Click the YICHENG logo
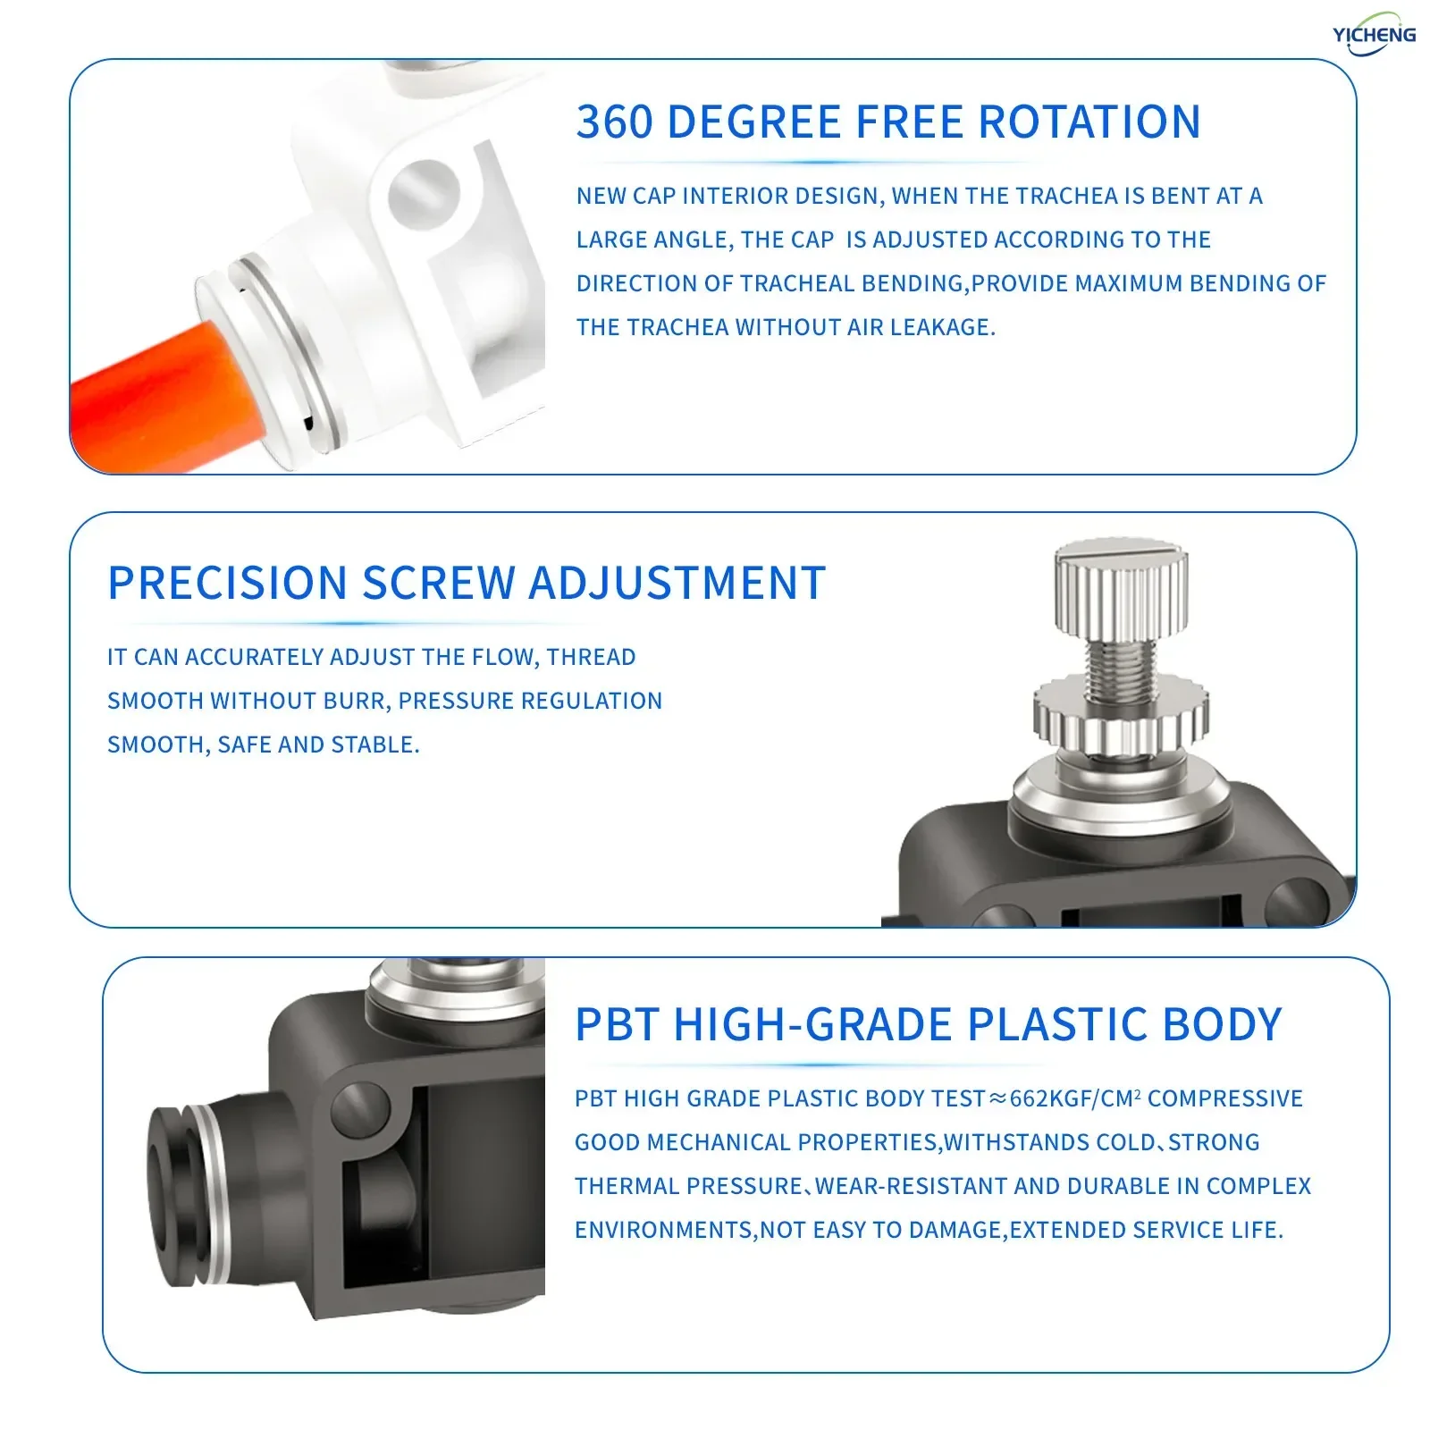(x=1374, y=34)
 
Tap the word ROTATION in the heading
(x=1089, y=122)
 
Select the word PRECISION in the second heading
(x=227, y=583)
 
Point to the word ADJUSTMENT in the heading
(x=677, y=583)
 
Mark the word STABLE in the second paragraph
(x=374, y=744)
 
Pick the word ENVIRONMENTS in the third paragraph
(x=665, y=1230)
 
